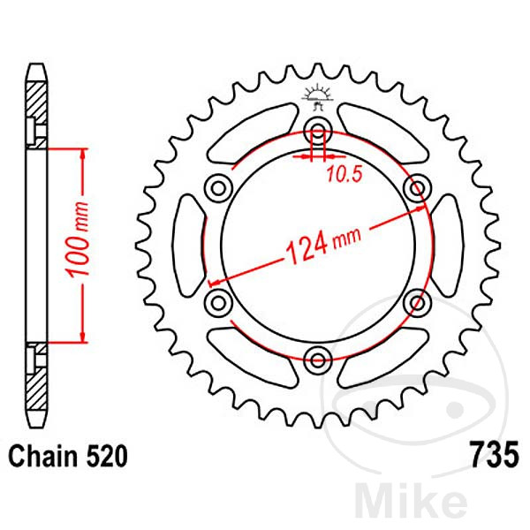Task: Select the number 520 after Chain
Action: (x=108, y=457)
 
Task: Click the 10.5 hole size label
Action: (x=343, y=174)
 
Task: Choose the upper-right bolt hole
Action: (x=414, y=188)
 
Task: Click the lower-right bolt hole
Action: (x=414, y=302)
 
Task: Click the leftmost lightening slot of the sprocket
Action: (x=190, y=245)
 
